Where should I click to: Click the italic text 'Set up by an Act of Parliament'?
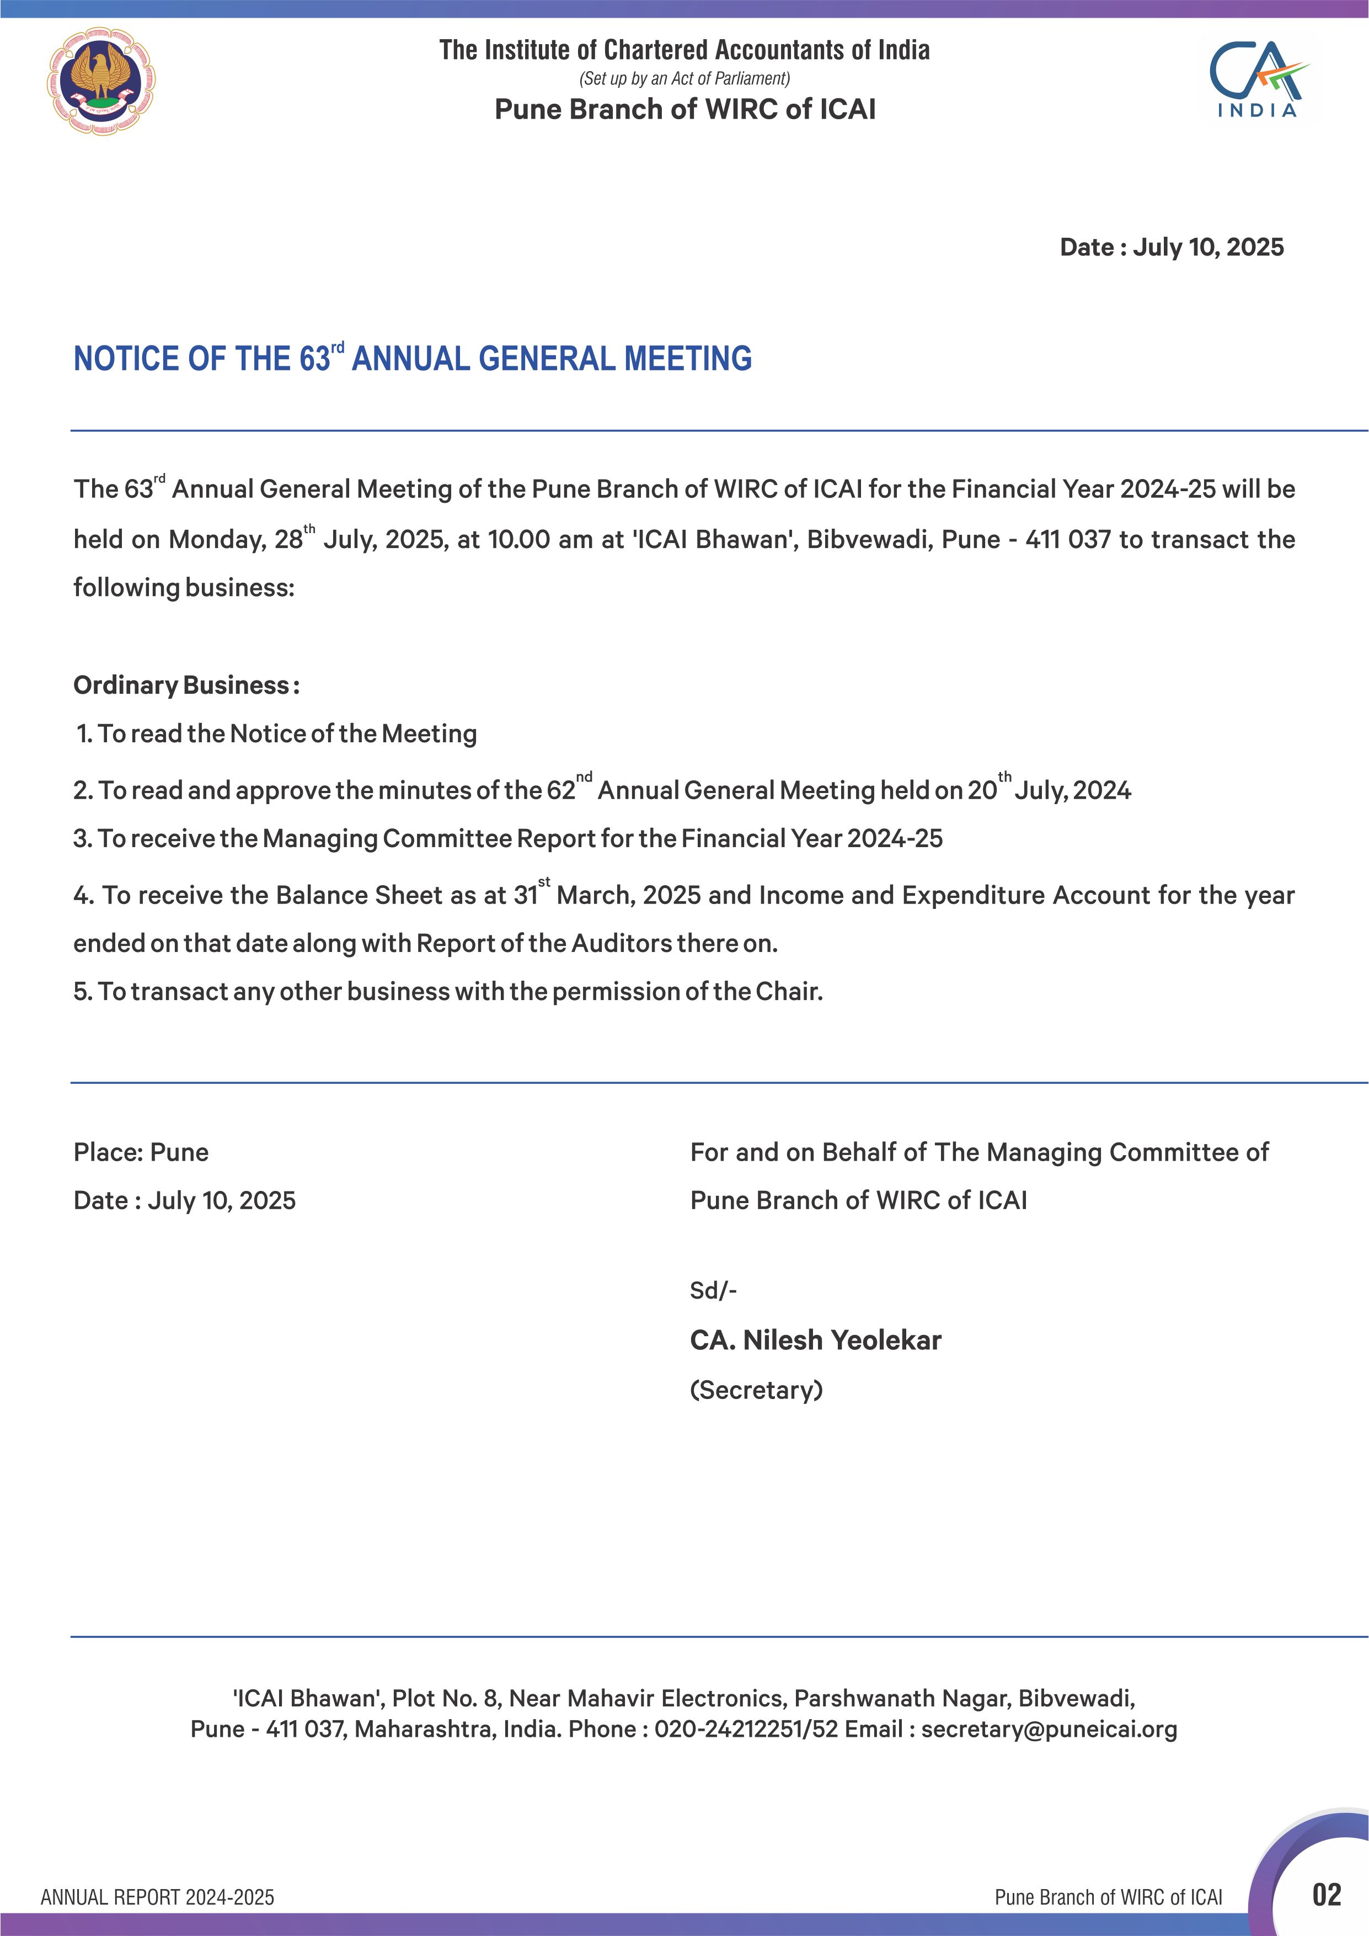coord(684,78)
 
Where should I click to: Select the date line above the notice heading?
coord(1171,247)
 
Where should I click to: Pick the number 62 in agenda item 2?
coord(560,791)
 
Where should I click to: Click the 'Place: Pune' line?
coord(141,1153)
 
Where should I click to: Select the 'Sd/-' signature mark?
coord(713,1290)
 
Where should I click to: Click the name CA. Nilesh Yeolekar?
coord(815,1340)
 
